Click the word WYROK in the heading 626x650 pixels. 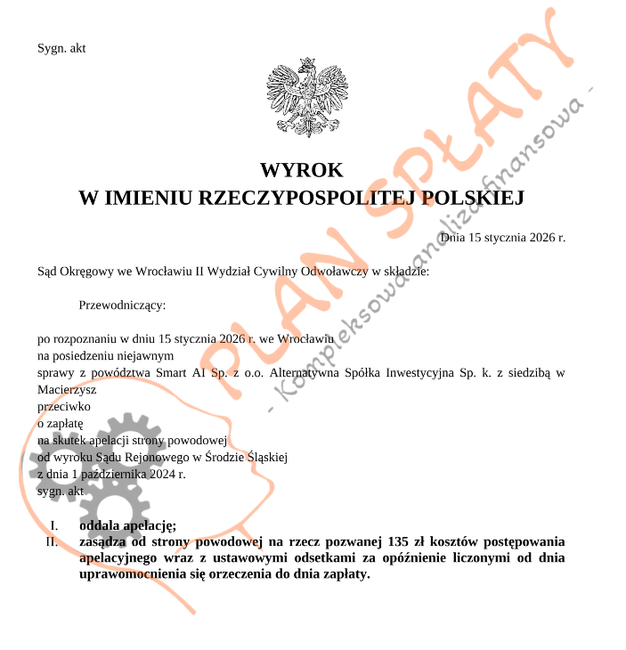coord(301,169)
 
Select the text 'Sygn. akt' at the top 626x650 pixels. coord(61,48)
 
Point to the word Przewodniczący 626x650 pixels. coord(122,305)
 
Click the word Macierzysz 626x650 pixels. coord(67,389)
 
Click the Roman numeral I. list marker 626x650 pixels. coord(54,524)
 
